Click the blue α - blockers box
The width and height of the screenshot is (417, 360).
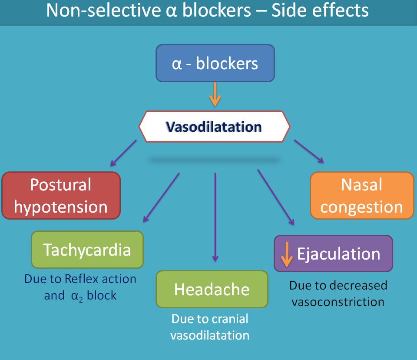click(215, 63)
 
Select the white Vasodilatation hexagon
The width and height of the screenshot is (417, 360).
click(214, 127)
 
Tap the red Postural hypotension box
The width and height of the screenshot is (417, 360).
click(61, 196)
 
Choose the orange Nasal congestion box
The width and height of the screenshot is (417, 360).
click(362, 196)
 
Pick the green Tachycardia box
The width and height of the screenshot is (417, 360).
click(87, 250)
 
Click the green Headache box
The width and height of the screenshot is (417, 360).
click(212, 289)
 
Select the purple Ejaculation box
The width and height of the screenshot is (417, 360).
click(333, 253)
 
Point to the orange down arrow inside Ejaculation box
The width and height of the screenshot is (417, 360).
click(286, 255)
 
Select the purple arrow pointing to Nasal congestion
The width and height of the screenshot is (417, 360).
click(309, 151)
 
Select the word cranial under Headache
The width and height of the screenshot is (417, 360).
click(230, 319)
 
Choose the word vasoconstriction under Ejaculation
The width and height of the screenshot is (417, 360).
click(338, 302)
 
